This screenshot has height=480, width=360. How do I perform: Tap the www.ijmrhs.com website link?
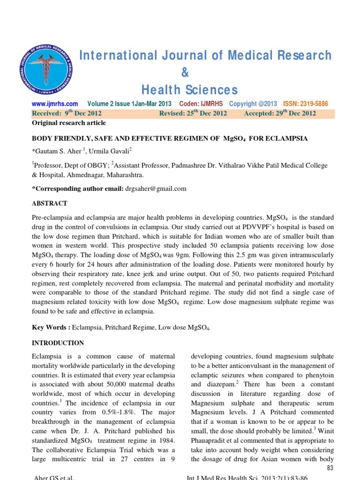[54, 104]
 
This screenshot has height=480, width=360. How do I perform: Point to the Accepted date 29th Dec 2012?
[280, 113]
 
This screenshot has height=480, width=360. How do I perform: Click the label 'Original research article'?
[68, 123]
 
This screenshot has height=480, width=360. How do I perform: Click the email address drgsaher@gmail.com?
[156, 188]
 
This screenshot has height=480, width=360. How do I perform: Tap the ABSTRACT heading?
[49, 203]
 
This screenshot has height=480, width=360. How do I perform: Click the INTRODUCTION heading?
[58, 343]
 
